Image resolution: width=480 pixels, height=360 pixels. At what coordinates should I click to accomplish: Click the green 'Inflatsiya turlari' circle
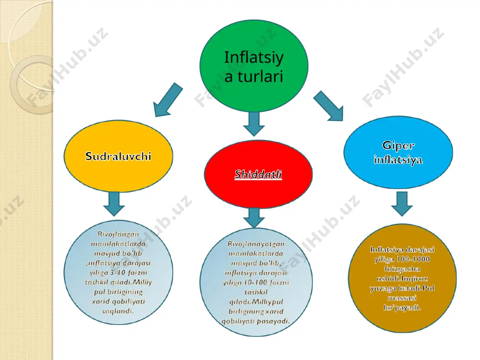[254, 66]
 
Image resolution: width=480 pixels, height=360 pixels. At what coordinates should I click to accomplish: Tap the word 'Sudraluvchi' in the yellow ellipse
[118, 156]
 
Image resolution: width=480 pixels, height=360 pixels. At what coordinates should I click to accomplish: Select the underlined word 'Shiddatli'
[258, 174]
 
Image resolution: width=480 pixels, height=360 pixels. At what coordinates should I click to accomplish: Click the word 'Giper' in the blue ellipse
[398, 146]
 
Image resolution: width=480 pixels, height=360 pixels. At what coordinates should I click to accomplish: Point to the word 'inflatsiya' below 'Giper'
[398, 159]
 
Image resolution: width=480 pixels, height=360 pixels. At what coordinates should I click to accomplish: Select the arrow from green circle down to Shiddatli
[254, 124]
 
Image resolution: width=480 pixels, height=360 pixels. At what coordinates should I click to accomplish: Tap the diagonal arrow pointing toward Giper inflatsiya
[328, 106]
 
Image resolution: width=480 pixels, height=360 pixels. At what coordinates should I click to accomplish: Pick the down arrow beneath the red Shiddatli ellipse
[254, 218]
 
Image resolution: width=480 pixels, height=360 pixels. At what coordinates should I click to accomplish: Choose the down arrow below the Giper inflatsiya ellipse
[402, 204]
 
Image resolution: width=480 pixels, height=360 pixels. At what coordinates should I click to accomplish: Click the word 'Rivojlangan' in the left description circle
[118, 234]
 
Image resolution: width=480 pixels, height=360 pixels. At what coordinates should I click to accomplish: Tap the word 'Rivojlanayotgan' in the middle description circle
[256, 244]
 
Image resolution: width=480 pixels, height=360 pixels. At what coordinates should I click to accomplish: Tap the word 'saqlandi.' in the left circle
[118, 311]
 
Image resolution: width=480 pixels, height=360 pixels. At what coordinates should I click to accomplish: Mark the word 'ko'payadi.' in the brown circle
[402, 307]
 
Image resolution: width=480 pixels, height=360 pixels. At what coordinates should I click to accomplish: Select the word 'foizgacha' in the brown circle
[402, 269]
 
